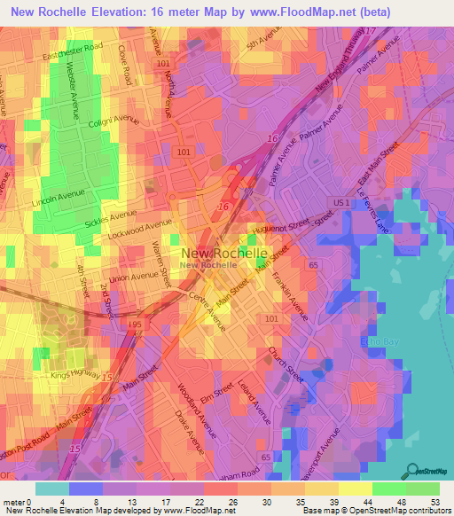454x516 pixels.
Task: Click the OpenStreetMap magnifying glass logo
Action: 411,472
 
